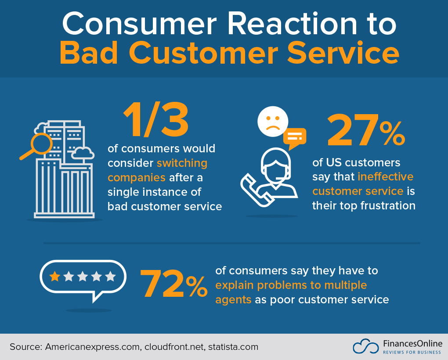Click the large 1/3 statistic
click(x=155, y=120)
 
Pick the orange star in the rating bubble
click(x=55, y=276)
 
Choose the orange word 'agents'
click(x=233, y=300)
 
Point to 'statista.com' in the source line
click(x=233, y=347)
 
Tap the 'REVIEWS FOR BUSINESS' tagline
click(x=412, y=353)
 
